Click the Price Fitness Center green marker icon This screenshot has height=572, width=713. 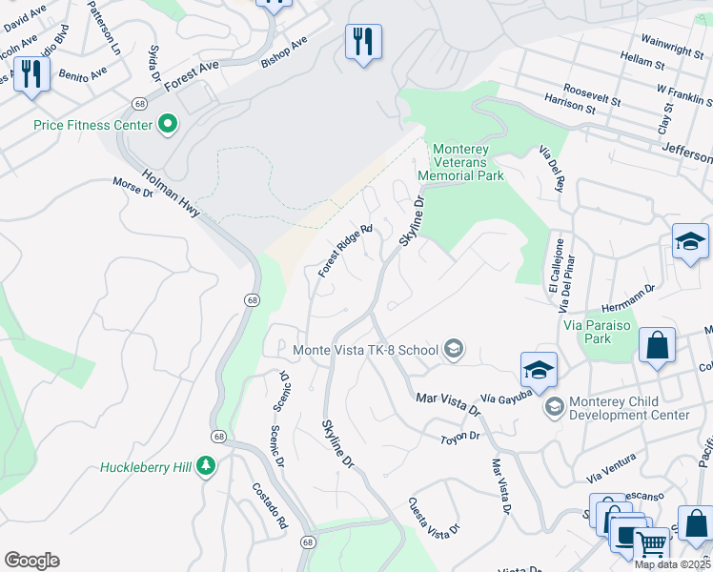coord(168,124)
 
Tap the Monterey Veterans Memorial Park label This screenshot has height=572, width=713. coord(468,162)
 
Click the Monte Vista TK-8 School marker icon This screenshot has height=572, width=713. coord(454,349)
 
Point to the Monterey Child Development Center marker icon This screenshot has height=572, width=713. coord(554,407)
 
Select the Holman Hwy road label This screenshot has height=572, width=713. coord(172,193)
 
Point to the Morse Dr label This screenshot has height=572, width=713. coord(132,187)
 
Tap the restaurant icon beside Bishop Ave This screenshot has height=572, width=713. coord(363,42)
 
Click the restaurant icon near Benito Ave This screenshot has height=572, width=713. coord(31,73)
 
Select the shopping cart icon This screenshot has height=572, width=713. coord(651,544)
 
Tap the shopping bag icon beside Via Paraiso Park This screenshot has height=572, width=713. coord(658,345)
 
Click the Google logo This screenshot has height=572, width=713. coord(31,561)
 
